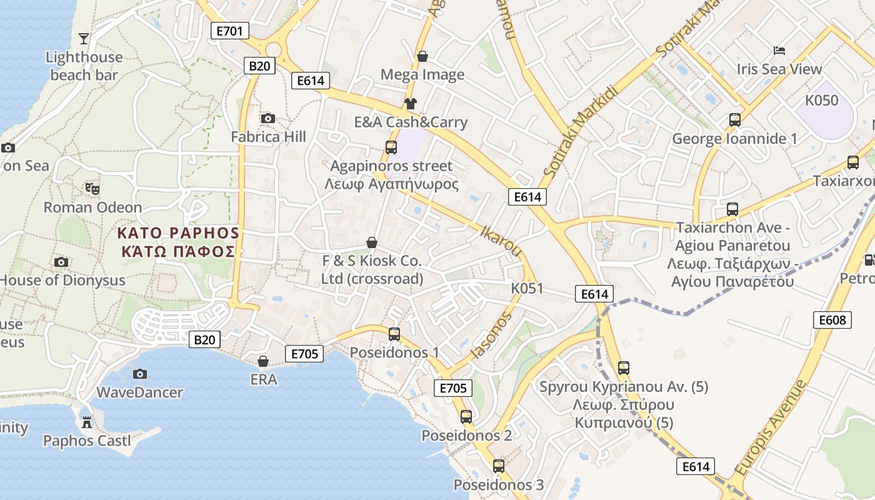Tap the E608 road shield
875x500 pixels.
832,320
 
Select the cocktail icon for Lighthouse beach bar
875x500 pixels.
84,39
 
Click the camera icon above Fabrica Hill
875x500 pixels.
268,118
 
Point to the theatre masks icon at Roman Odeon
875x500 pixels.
92,188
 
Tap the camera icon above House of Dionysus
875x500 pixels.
61,262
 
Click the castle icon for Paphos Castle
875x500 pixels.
87,422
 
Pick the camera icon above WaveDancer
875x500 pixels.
140,374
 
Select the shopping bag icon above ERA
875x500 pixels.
263,361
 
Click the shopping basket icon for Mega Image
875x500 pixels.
422,56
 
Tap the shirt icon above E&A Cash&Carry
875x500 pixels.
410,103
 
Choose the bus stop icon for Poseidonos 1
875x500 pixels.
394,334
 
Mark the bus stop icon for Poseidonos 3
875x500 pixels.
498,466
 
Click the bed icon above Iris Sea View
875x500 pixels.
779,51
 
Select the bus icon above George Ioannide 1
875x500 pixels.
735,120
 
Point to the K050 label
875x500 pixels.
821,101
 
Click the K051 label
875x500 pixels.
527,289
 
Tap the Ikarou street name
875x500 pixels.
500,240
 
